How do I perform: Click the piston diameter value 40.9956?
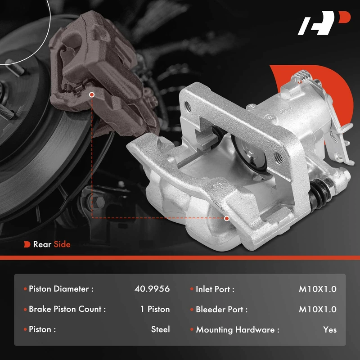[152, 289]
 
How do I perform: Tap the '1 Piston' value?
[155, 309]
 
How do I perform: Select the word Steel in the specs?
[161, 329]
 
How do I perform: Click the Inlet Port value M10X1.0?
[318, 289]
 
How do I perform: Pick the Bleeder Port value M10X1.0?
[318, 309]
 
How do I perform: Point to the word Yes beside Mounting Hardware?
[330, 330]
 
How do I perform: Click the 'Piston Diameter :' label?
[61, 289]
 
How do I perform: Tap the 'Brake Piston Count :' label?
[67, 309]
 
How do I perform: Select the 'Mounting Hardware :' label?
[238, 330]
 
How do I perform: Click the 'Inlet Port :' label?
[215, 289]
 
